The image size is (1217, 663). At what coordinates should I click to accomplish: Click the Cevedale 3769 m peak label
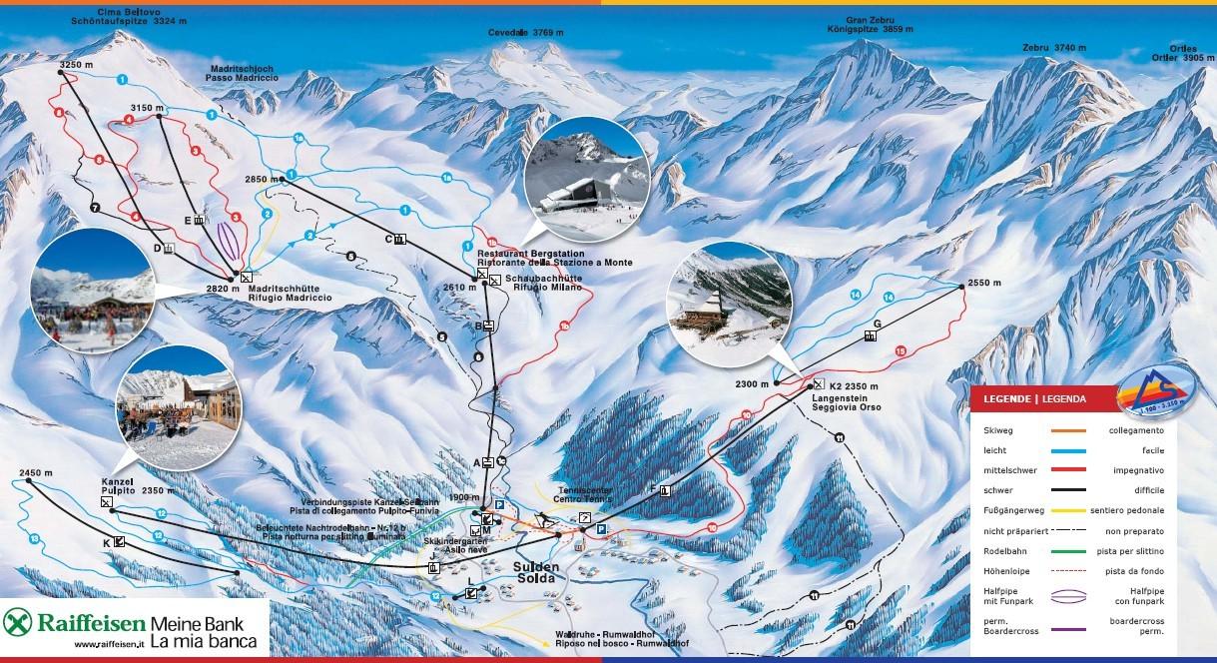(525, 32)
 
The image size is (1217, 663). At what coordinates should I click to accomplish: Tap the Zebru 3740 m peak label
(1053, 47)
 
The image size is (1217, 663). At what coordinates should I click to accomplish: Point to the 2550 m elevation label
(983, 284)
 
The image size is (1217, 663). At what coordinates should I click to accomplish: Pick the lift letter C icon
(399, 239)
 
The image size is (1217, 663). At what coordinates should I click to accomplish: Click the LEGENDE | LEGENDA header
(1035, 398)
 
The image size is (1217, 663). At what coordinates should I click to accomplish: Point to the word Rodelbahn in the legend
(1001, 550)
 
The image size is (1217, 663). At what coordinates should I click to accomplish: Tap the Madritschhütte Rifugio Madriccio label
(294, 293)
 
